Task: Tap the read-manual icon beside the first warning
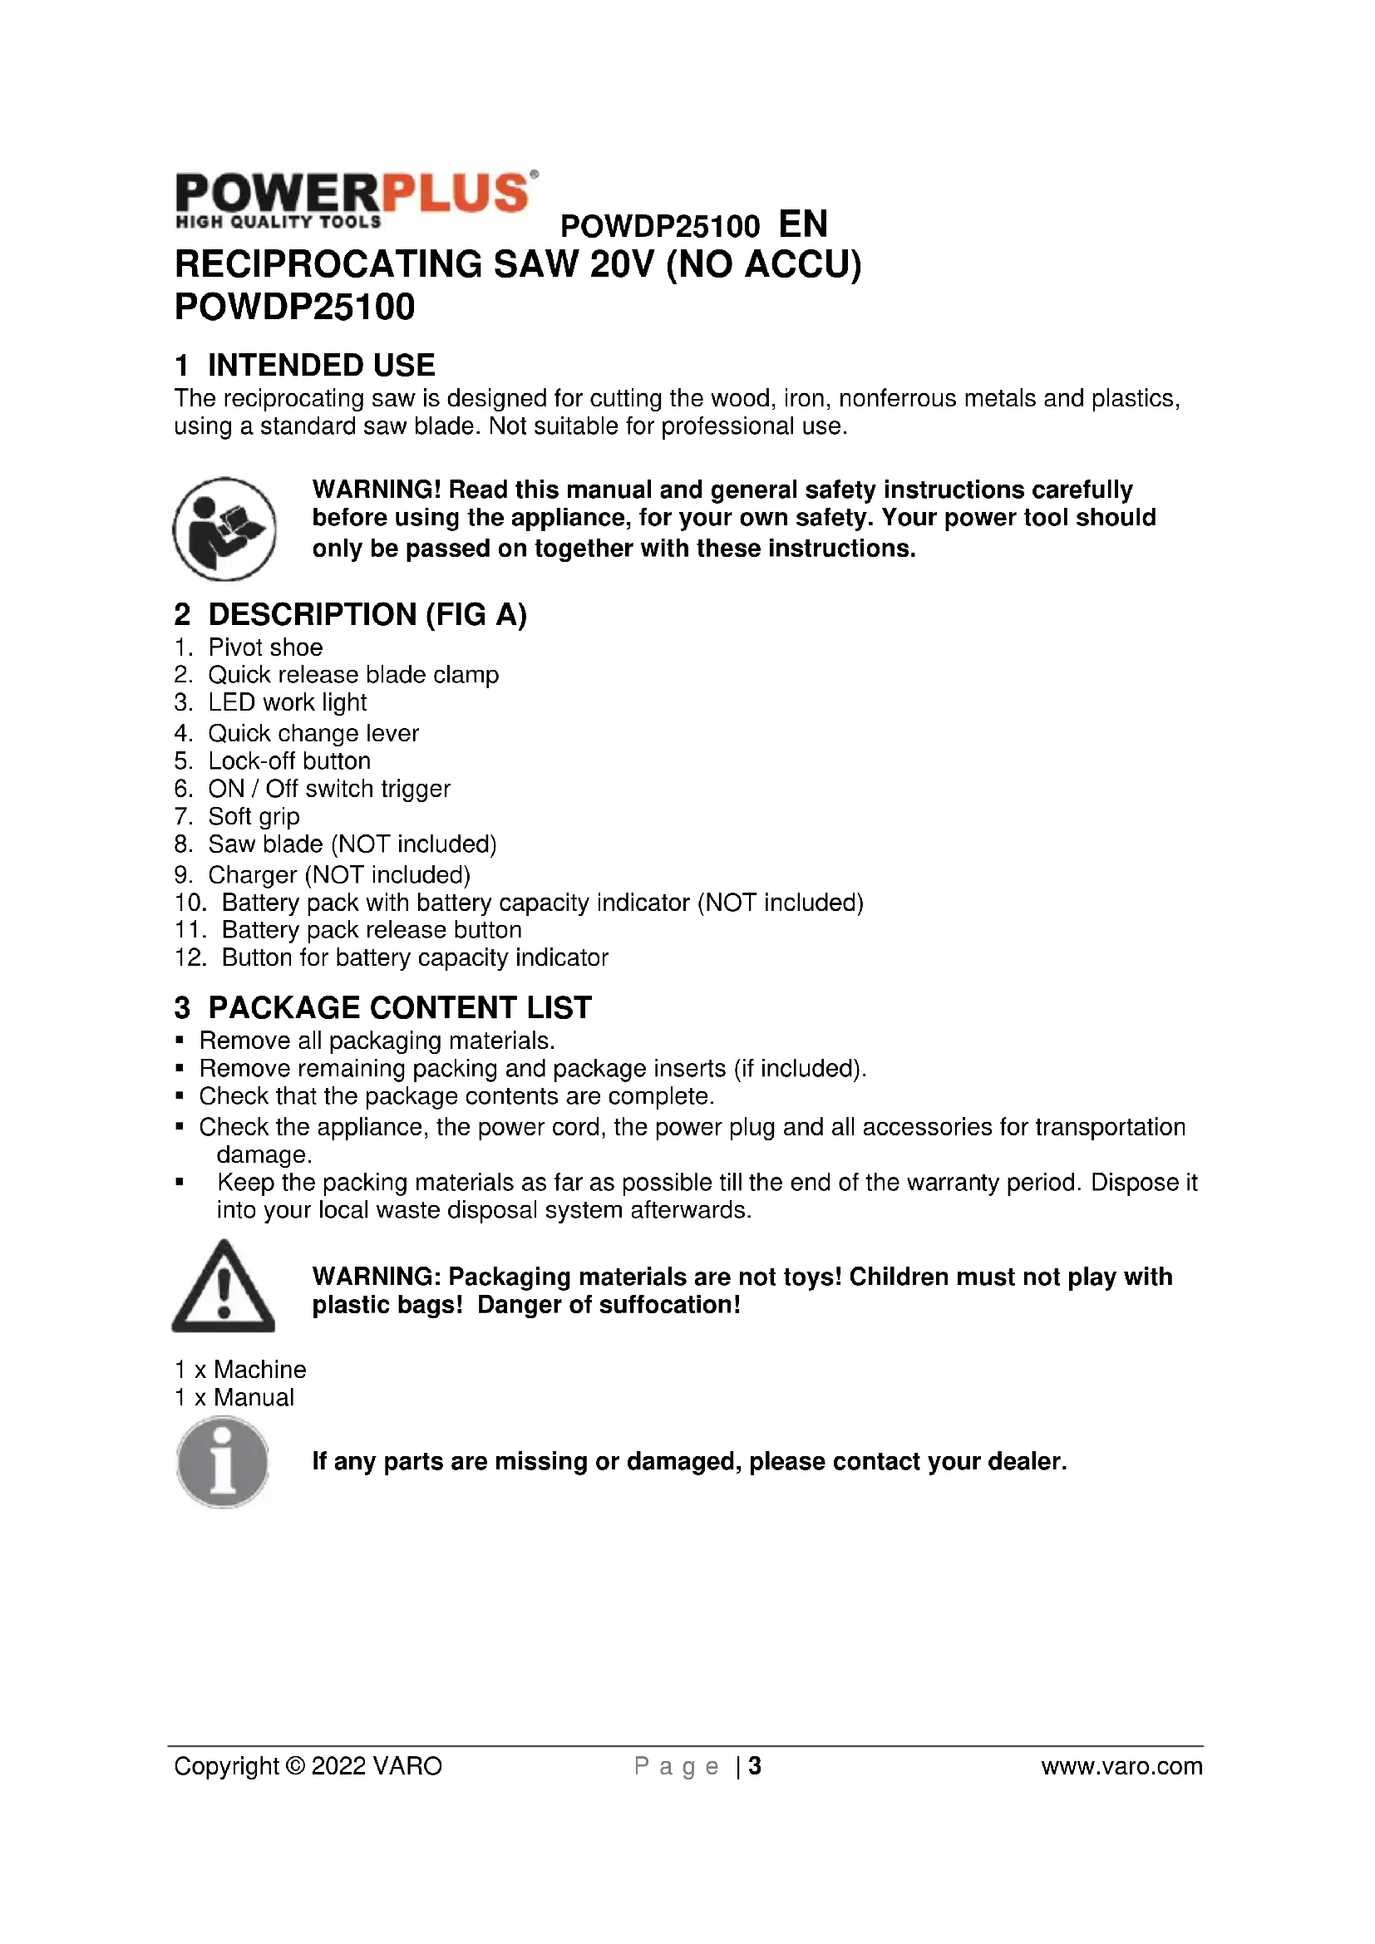click(224, 529)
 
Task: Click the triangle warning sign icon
click(224, 1286)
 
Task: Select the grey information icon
click(223, 1463)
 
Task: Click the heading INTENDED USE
click(321, 365)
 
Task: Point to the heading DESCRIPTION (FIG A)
click(367, 614)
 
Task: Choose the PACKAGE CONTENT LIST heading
click(399, 1007)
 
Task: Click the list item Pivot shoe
click(265, 647)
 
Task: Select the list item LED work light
click(287, 703)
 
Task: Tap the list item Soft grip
click(254, 817)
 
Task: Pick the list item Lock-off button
click(288, 761)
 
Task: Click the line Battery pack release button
click(371, 931)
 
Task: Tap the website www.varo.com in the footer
click(1121, 1766)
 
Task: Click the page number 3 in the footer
click(754, 1766)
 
